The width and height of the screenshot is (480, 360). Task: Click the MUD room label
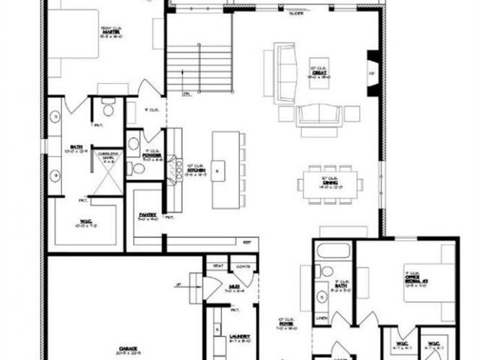[x=233, y=287]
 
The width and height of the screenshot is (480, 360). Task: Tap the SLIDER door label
[x=295, y=13]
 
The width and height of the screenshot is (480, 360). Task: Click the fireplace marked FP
[x=372, y=74]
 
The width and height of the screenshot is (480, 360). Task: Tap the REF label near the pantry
[x=246, y=242]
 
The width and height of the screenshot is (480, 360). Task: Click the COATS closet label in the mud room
[x=243, y=266]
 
